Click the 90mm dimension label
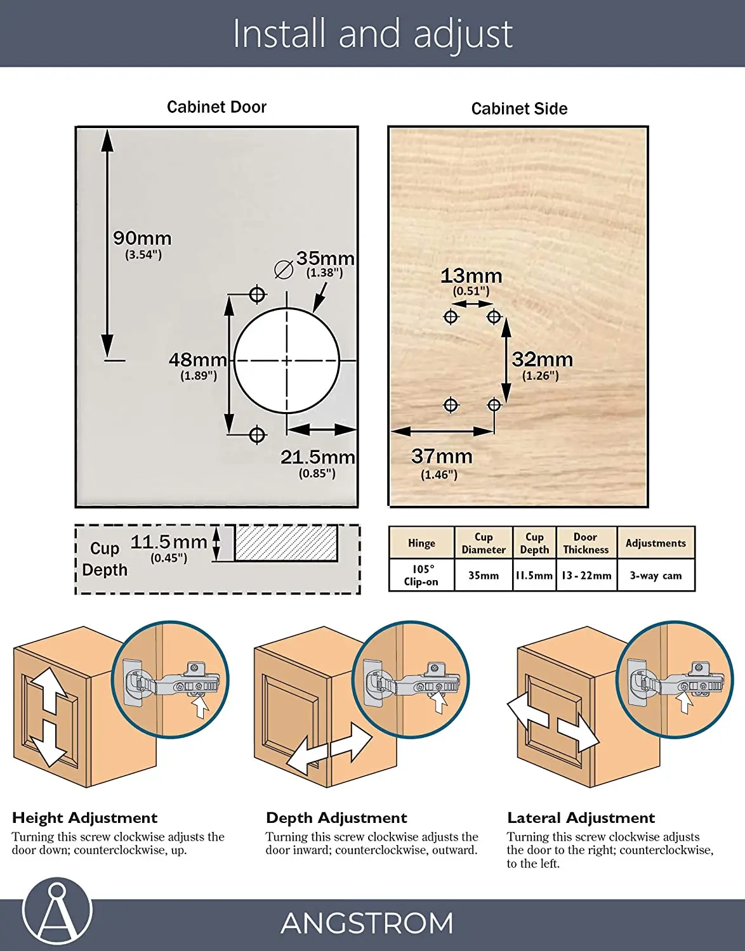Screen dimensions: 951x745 [142, 239]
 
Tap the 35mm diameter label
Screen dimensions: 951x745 [325, 259]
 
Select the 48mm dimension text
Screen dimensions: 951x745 [197, 360]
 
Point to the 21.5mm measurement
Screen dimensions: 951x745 [317, 457]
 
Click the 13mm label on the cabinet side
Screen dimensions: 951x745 [471, 276]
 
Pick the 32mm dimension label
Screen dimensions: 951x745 [542, 360]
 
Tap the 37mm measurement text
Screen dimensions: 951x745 [442, 456]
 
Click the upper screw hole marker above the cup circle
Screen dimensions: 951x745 [257, 294]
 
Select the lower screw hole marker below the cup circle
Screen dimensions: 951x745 [257, 435]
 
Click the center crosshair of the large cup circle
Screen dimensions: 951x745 [287, 361]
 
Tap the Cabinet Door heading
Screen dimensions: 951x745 [216, 107]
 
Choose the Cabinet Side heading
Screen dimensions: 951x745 [519, 109]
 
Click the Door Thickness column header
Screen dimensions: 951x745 [586, 543]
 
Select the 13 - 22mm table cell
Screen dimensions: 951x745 [586, 576]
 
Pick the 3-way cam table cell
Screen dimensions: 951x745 [656, 576]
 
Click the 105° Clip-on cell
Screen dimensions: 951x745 [421, 575]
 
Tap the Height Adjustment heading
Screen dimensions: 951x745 [84, 818]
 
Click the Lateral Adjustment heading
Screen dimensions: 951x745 [581, 818]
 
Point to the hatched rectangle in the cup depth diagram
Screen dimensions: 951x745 [286, 543]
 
